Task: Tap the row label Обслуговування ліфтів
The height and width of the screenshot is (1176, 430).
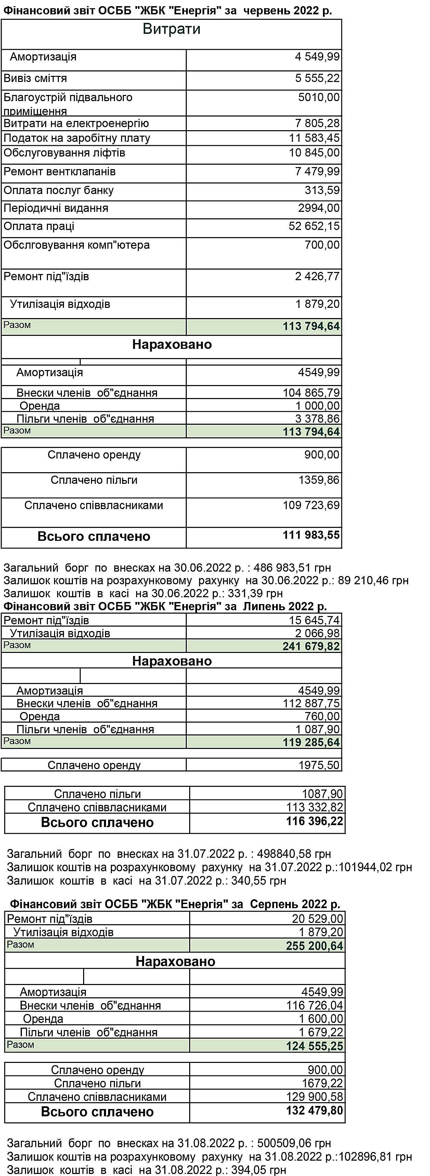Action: click(64, 153)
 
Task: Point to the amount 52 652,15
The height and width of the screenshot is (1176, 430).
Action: click(314, 227)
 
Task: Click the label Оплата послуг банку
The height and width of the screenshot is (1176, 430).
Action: click(58, 190)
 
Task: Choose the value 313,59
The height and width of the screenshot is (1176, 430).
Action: click(322, 190)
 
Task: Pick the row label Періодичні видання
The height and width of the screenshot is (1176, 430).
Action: click(56, 208)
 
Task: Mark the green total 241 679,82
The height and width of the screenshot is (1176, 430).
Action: click(311, 646)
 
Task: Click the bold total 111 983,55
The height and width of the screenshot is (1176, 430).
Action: click(311, 535)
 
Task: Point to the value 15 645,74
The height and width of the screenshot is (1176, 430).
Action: click(314, 620)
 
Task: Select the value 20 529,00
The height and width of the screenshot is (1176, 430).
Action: click(317, 918)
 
